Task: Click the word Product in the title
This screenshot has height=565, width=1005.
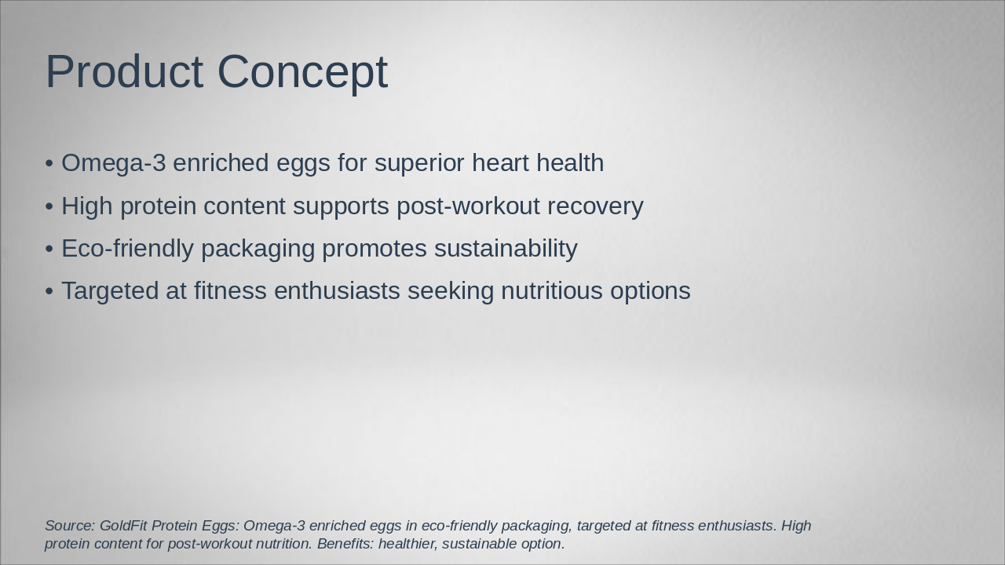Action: click(x=124, y=71)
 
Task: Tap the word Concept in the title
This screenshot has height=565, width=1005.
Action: click(x=302, y=71)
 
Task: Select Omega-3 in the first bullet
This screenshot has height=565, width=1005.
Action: click(x=113, y=163)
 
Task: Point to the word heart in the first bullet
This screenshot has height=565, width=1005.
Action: click(x=499, y=163)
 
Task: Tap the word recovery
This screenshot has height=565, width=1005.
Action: click(x=595, y=206)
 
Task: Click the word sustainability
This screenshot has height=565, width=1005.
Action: click(x=506, y=249)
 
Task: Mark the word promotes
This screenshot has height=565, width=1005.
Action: click(x=375, y=249)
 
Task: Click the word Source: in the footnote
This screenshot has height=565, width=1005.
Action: click(x=70, y=526)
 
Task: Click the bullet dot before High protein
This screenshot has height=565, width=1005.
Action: click(x=49, y=206)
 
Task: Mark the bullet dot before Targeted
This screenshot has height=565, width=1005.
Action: click(x=49, y=291)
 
